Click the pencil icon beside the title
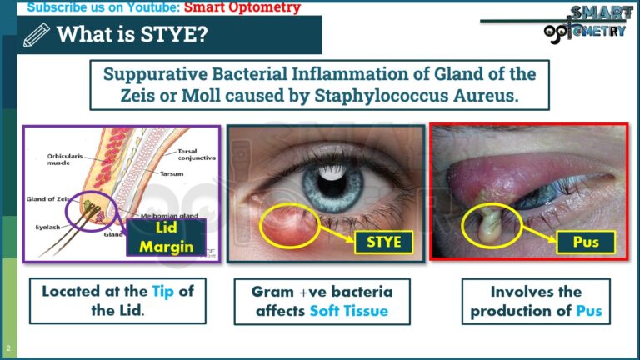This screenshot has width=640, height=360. click(x=37, y=35)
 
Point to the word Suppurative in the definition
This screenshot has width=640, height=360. click(x=158, y=73)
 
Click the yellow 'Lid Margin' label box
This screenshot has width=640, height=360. click(x=167, y=237)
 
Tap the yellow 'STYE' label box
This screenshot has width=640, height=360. click(x=385, y=242)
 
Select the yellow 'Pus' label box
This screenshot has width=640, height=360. click(x=587, y=242)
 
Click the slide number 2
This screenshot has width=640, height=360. click(x=7, y=347)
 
